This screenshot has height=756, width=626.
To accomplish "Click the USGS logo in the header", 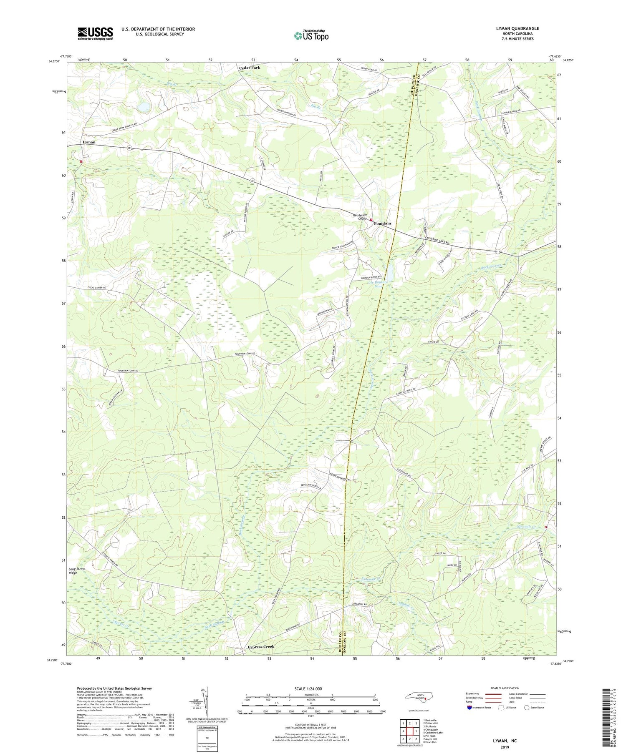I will pyautogui.click(x=95, y=33).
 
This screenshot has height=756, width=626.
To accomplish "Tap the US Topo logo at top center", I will pyautogui.click(x=311, y=36).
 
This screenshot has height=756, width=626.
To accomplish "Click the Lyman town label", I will pyautogui.click(x=89, y=142).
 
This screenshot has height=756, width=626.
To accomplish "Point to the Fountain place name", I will pyautogui.click(x=382, y=224).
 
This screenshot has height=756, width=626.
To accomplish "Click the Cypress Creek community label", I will pyautogui.click(x=261, y=647).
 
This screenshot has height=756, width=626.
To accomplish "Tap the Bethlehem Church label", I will pyautogui.click(x=360, y=217).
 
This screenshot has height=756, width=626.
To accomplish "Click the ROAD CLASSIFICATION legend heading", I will pyautogui.click(x=505, y=688).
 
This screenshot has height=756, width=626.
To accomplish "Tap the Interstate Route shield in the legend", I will pyautogui.click(x=469, y=708).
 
